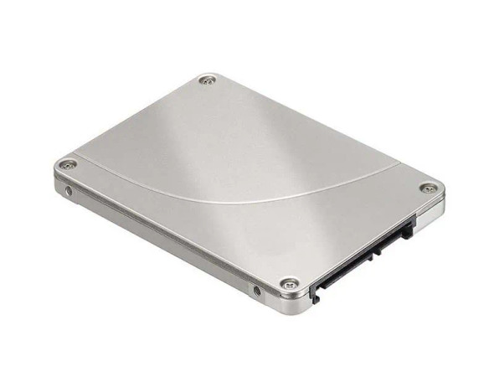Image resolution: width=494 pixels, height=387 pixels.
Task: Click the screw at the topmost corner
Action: (208, 80)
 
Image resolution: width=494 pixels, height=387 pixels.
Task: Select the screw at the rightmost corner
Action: (428, 188)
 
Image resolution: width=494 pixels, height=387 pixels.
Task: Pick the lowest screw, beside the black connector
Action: (289, 284)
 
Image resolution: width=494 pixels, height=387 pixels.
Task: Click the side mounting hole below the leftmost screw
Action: (69, 192)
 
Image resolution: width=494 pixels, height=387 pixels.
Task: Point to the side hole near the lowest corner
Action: (257, 292)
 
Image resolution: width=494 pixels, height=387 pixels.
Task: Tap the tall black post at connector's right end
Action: (408, 227)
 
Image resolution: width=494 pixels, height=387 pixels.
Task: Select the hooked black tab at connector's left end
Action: (316, 292)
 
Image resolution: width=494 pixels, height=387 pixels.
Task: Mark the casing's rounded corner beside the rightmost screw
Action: (440, 194)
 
